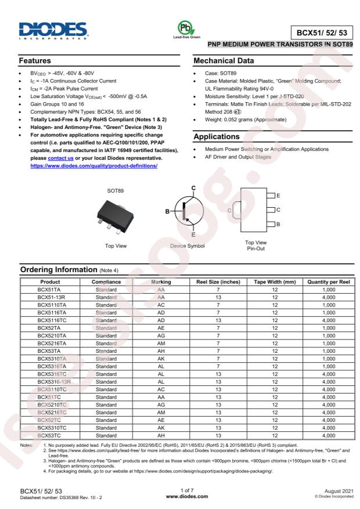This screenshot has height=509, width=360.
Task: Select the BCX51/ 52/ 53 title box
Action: [321, 33]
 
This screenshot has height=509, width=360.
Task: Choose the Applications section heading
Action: [216, 137]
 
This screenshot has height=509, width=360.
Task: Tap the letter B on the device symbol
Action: [168, 211]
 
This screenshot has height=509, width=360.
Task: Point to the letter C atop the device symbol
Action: [193, 188]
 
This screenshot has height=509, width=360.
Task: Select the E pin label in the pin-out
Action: [279, 196]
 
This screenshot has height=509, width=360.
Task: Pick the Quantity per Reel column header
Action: [329, 281]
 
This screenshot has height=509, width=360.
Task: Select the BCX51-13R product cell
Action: [53, 296]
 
